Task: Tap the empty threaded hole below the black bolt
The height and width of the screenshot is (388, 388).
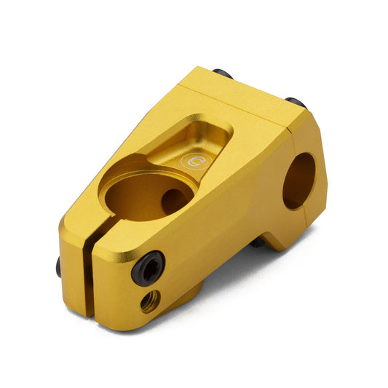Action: [x=150, y=300]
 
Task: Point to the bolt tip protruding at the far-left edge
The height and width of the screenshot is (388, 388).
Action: [x=59, y=269]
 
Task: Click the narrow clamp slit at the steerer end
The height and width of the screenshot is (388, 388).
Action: [x=88, y=269]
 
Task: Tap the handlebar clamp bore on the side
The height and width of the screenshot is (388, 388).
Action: [x=299, y=178]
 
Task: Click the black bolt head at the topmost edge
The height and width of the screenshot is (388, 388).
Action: [x=223, y=74]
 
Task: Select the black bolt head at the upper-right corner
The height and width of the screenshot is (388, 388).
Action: [x=296, y=103]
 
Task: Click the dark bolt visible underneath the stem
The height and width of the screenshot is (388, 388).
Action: [x=258, y=242]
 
